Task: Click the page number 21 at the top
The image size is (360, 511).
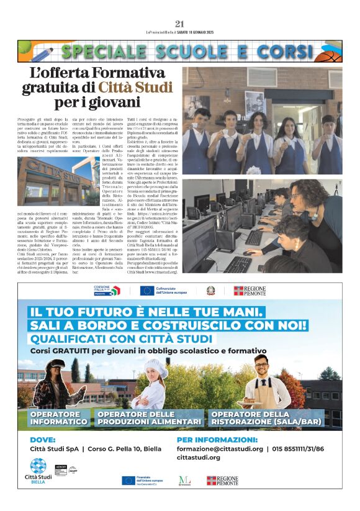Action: pyautogui.click(x=180, y=24)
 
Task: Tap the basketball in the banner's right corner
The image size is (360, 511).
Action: pyautogui.click(x=330, y=52)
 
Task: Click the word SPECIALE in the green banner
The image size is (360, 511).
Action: pyautogui.click(x=101, y=52)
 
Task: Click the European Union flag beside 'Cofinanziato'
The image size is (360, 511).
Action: pyautogui.click(x=146, y=291)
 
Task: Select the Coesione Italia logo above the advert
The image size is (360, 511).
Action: pyautogui.click(x=107, y=291)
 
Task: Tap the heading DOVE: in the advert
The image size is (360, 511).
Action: pyautogui.click(x=42, y=439)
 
